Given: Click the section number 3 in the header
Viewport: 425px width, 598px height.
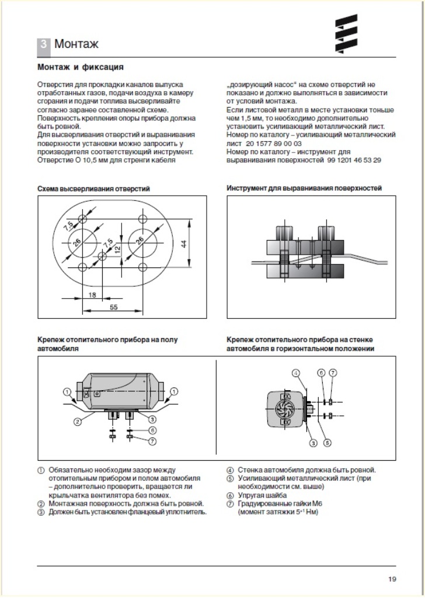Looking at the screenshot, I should point(44,44).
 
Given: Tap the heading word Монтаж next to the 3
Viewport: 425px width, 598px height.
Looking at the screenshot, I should point(76,44).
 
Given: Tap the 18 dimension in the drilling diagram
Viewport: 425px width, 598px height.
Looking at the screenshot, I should point(92,295).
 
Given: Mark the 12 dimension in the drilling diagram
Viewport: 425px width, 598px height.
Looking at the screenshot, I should point(117,248).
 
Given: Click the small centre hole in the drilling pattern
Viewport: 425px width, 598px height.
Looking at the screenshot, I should point(102,256).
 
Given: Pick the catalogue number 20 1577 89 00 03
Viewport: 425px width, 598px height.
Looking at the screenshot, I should point(274,143).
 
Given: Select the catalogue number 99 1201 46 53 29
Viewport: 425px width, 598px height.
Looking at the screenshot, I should point(354,159).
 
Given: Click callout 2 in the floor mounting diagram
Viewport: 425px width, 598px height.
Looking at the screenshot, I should point(76,420).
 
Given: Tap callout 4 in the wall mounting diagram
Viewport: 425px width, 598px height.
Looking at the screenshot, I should point(296,373).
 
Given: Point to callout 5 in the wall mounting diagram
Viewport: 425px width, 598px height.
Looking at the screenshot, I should point(328,443).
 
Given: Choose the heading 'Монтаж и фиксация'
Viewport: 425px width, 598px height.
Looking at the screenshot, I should point(80,67).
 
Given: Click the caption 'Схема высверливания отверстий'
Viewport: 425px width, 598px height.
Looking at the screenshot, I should point(93,189).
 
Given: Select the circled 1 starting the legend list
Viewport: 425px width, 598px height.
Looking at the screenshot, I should point(41,470).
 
